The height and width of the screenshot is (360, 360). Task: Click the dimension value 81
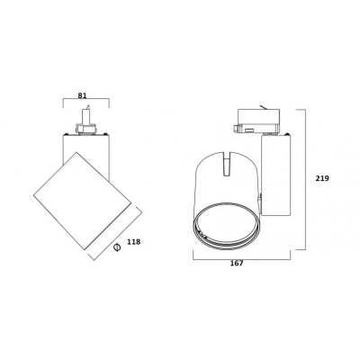pyautogui.click(x=82, y=95)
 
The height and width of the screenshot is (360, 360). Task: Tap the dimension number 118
pyautogui.click(x=134, y=241)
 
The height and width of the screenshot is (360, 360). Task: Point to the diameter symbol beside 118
pyautogui.click(x=117, y=247)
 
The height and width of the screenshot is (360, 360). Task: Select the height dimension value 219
pyautogui.click(x=322, y=178)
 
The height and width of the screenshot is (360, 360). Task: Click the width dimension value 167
pyautogui.click(x=237, y=264)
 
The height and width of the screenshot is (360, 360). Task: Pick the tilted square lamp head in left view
pyautogui.click(x=82, y=201)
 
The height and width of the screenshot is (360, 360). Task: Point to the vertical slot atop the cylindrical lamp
pyautogui.click(x=226, y=164)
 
